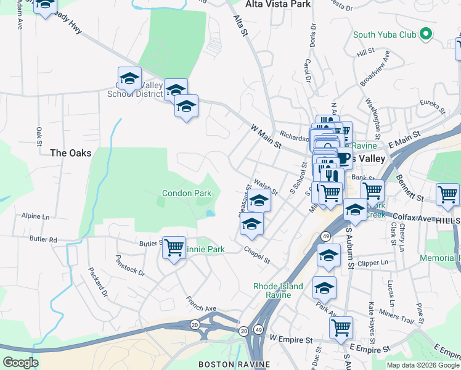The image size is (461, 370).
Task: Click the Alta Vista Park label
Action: tap(278, 4)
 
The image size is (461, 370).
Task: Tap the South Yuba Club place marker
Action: tap(425, 34)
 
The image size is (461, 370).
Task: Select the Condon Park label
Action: tap(186, 193)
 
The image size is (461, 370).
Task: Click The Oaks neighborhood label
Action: tap(71, 152)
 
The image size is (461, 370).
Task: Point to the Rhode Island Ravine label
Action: tap(279, 290)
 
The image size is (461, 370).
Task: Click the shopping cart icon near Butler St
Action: tap(174, 247)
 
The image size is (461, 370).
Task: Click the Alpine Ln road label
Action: tap(35, 216)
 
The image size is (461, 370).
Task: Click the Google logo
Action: tap(20, 363)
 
